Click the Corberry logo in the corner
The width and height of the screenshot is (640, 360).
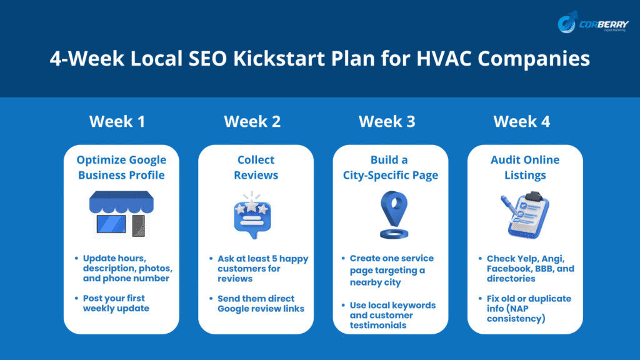[593, 22]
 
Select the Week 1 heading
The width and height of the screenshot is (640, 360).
[117, 121]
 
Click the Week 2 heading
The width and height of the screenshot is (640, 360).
[252, 121]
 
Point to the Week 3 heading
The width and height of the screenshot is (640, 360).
[387, 121]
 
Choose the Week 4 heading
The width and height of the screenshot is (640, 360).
[522, 121]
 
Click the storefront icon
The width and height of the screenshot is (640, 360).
[121, 215]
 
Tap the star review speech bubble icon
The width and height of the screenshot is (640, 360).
[252, 215]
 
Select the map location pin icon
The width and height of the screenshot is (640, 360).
[394, 215]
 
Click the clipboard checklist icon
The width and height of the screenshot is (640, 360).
[525, 215]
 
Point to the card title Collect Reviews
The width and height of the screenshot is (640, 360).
[256, 167]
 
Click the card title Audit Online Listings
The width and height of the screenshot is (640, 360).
[525, 167]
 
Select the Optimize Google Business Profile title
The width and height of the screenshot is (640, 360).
[121, 167]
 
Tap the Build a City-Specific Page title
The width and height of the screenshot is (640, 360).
[391, 167]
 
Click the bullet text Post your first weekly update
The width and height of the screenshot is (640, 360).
[116, 303]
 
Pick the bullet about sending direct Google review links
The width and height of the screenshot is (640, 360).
[261, 304]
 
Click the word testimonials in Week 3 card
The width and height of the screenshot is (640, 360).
[378, 325]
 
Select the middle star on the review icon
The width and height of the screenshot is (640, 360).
[252, 205]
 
